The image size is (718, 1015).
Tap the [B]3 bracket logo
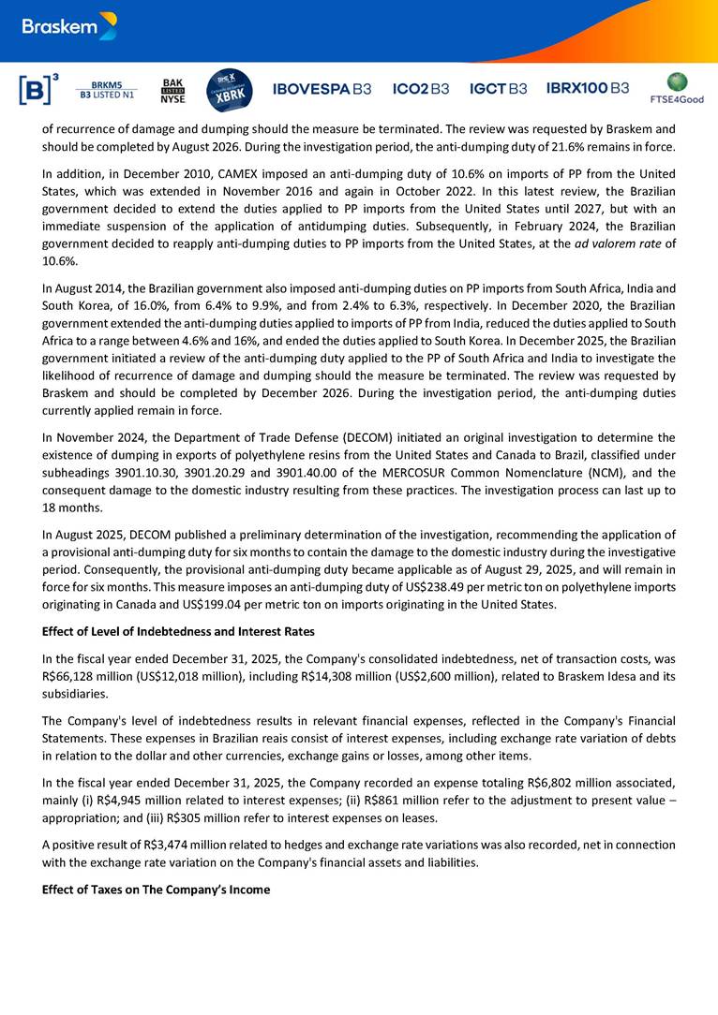tap(38, 89)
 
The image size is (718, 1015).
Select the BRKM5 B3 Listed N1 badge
tap(106, 89)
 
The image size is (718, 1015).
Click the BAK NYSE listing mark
tap(172, 89)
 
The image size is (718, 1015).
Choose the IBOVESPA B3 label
tap(322, 89)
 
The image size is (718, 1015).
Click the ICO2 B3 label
tap(421, 89)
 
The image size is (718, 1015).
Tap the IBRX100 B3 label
tap(588, 88)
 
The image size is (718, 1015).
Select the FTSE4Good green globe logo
tap(677, 87)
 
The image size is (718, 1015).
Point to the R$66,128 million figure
tap(79, 676)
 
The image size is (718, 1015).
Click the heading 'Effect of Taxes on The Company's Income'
tap(156, 890)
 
